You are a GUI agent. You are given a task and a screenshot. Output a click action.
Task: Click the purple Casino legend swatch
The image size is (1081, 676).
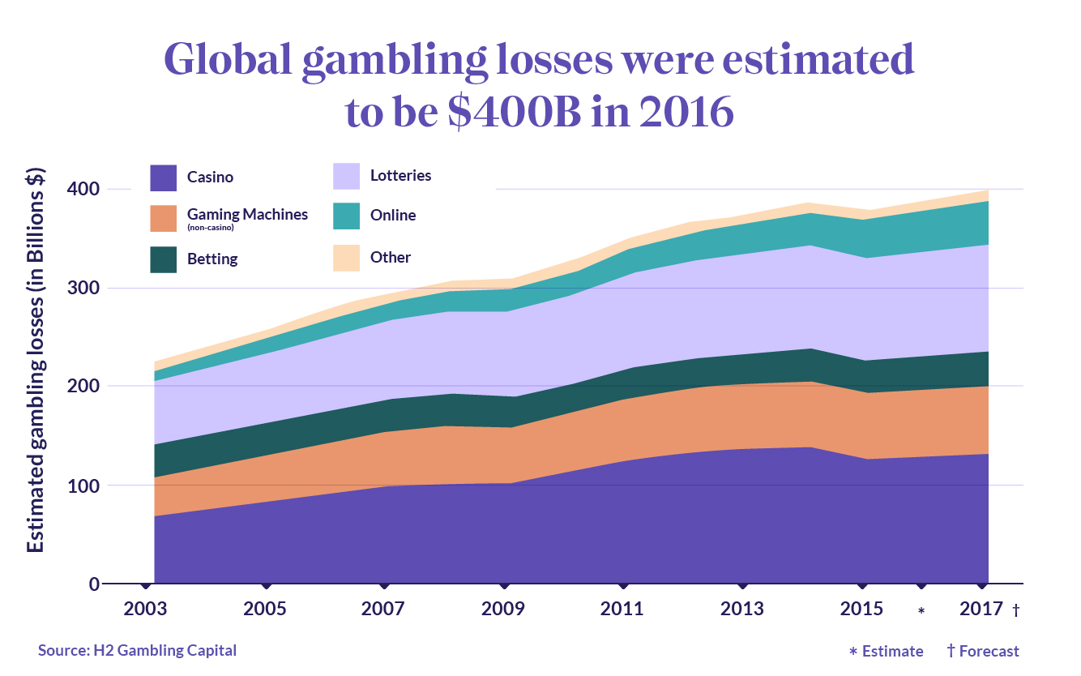pyautogui.click(x=164, y=178)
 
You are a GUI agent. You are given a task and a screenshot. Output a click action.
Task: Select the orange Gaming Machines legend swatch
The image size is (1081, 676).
pyautogui.click(x=164, y=218)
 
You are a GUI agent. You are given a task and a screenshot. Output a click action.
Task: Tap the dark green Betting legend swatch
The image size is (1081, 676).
pyautogui.click(x=164, y=259)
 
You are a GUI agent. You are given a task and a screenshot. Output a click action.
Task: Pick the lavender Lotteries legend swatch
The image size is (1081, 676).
pyautogui.click(x=347, y=176)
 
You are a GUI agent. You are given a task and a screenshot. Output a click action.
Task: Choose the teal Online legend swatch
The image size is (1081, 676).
pyautogui.click(x=347, y=216)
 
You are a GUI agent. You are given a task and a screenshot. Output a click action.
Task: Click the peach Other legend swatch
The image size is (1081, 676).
pyautogui.click(x=347, y=258)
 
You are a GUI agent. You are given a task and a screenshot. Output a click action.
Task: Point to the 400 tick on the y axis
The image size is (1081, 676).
pyautogui.click(x=83, y=189)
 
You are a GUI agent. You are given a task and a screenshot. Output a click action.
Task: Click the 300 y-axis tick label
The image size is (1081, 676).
pyautogui.click(x=83, y=288)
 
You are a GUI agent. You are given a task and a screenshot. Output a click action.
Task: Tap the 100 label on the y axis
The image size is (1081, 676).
pyautogui.click(x=83, y=486)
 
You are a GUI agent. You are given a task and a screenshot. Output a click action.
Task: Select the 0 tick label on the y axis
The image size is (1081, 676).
pyautogui.click(x=94, y=584)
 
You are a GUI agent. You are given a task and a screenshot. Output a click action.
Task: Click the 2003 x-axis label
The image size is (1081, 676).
pyautogui.click(x=146, y=609)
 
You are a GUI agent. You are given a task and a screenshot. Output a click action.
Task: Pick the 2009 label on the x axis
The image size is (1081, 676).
pyautogui.click(x=503, y=609)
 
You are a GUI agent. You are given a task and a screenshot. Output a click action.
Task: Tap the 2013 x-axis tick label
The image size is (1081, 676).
pyautogui.click(x=741, y=609)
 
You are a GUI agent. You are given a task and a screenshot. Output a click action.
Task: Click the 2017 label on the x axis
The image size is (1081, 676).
pyautogui.click(x=981, y=609)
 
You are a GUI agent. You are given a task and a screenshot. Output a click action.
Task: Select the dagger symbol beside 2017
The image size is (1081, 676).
pyautogui.click(x=1015, y=610)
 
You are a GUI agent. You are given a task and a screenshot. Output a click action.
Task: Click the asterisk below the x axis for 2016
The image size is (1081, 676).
pyautogui.click(x=921, y=610)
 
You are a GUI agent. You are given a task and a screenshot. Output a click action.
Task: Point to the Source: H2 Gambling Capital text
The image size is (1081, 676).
pyautogui.click(x=137, y=650)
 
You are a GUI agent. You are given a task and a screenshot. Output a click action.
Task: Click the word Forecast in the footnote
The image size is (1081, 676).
pyautogui.click(x=990, y=651)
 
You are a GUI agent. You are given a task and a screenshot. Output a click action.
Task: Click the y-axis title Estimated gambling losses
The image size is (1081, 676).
pyautogui.click(x=36, y=360)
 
